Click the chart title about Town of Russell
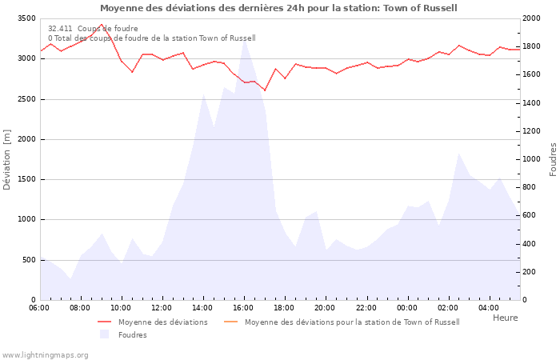tap(279, 8)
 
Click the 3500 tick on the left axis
tap(26, 18)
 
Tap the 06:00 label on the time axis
tap(39, 307)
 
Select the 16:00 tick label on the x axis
tap(243, 307)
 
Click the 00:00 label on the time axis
tap(407, 307)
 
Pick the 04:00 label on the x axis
tap(488, 307)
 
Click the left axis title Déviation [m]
tap(8, 158)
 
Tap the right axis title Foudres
tap(553, 158)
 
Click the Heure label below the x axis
tap(505, 318)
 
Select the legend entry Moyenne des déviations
tap(162, 322)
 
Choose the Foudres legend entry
tap(132, 335)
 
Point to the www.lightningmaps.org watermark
tap(45, 354)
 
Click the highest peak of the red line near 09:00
tap(101, 25)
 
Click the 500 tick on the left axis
tap(28, 260)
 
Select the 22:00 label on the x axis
tap(366, 307)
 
